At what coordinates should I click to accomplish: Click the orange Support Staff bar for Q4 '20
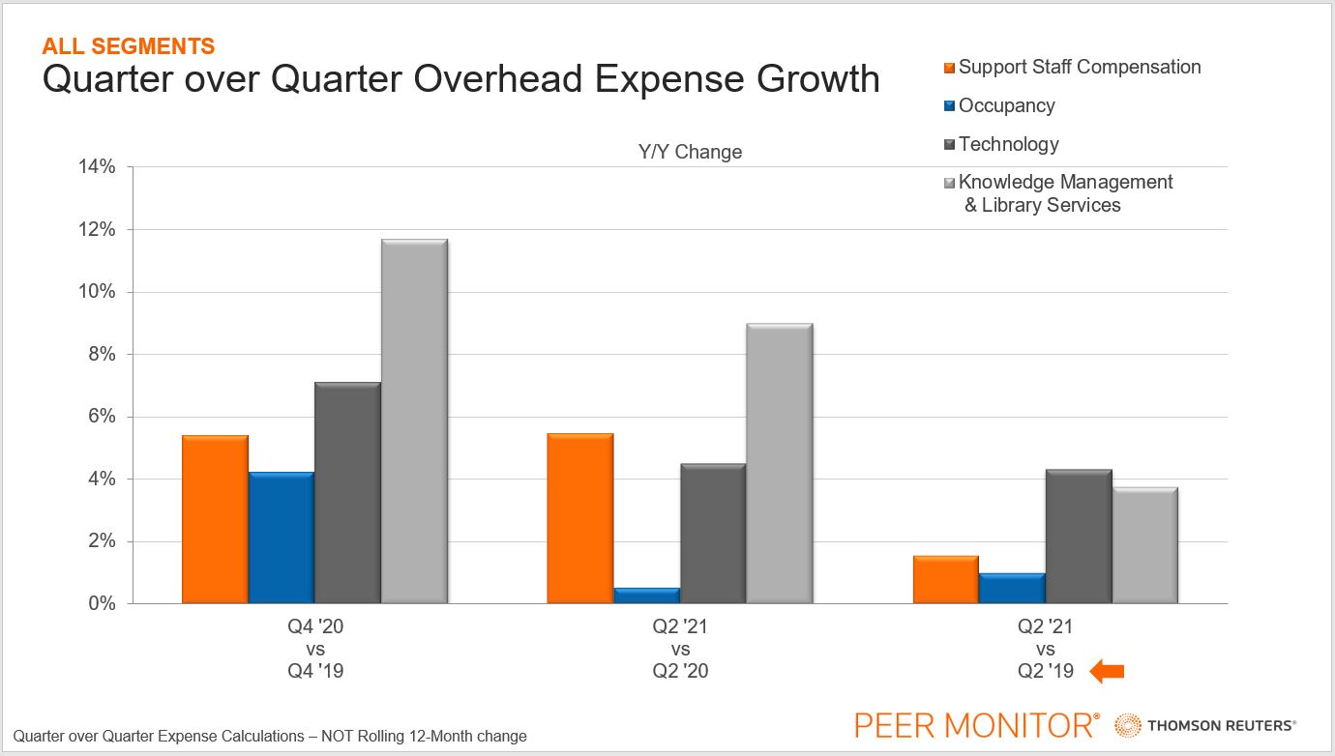215,519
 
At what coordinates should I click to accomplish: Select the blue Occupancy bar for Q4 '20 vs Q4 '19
281,538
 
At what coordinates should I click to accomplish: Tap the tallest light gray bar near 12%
413,422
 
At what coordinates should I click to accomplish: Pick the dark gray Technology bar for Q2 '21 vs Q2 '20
712,534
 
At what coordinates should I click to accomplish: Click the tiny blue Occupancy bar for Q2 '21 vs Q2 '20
646,596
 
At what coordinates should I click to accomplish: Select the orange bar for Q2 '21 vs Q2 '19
946,579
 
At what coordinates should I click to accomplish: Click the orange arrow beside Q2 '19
1107,671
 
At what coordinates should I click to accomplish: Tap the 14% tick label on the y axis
96,167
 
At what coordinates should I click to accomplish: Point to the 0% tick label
101,604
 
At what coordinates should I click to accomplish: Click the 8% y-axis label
101,355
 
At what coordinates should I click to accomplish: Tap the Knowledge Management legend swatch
950,183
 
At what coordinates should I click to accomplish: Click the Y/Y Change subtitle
690,152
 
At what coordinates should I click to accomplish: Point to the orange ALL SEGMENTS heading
129,45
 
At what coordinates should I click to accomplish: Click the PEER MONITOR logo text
976,724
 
